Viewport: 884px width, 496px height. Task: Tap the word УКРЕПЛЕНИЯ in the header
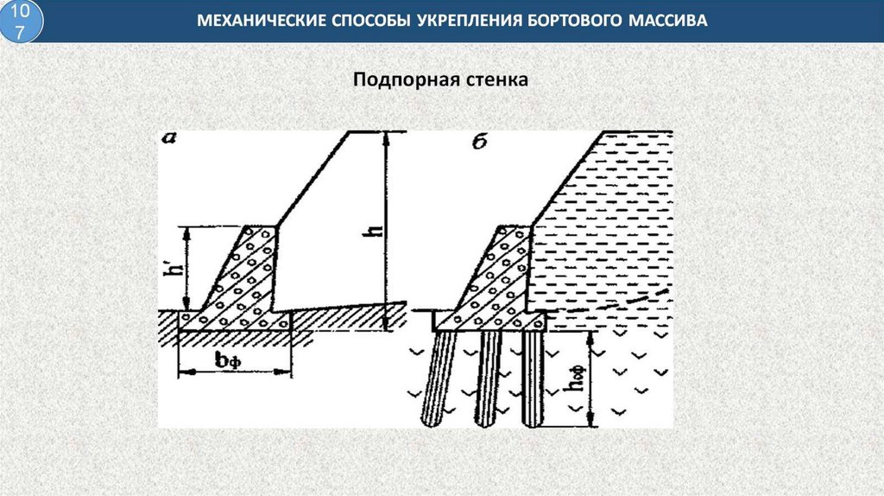pyautogui.click(x=458, y=20)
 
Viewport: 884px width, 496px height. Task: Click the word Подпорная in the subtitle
pyautogui.click(x=394, y=80)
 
